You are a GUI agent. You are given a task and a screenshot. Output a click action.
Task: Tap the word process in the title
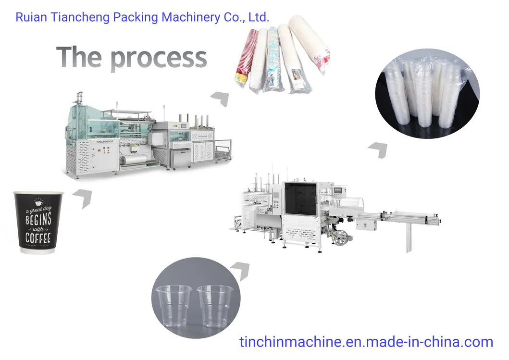click(x=159, y=58)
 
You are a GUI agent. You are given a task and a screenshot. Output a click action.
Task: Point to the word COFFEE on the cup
click(x=38, y=238)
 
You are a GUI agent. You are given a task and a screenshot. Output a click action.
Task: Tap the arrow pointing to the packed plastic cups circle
click(x=378, y=149)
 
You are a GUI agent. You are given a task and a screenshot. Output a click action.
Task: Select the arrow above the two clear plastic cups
click(x=242, y=270)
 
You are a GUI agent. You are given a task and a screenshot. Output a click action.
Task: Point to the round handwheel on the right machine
click(x=339, y=237)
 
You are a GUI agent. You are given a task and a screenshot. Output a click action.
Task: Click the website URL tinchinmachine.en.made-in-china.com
click(x=366, y=342)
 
